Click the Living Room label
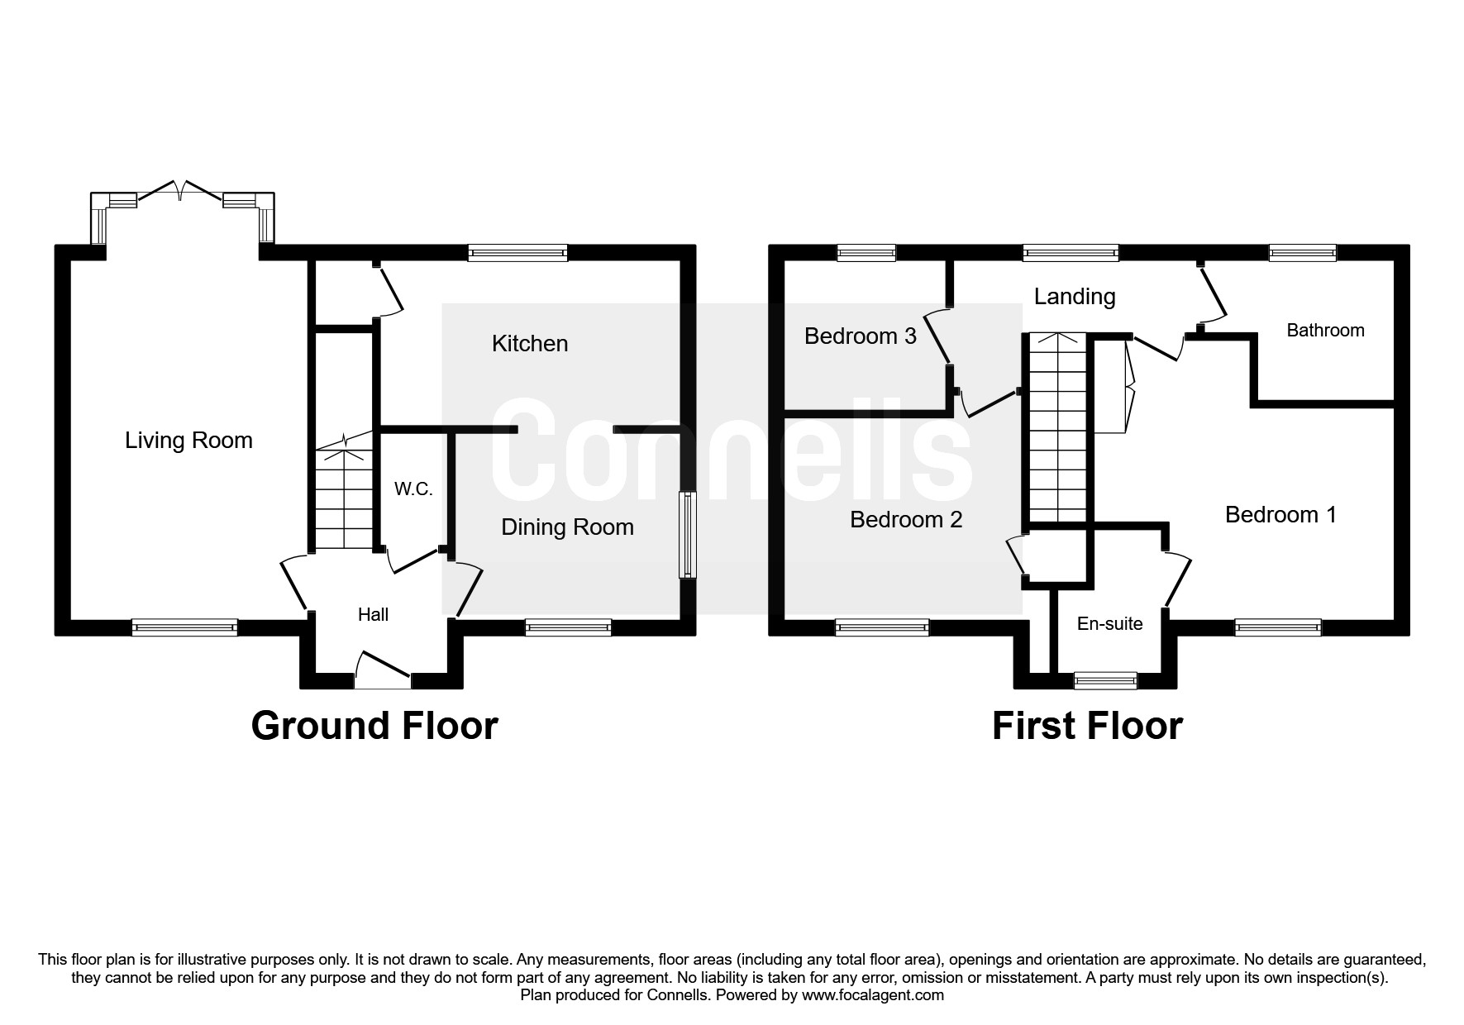click(x=188, y=441)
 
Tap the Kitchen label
click(x=530, y=344)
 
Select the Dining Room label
click(x=567, y=527)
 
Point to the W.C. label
click(x=413, y=489)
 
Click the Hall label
click(x=373, y=614)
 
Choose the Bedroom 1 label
click(x=1280, y=515)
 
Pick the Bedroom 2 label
click(x=906, y=520)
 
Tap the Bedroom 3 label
click(x=861, y=336)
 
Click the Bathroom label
click(x=1325, y=331)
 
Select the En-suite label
click(x=1110, y=624)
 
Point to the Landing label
click(x=1075, y=297)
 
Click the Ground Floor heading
click(x=374, y=726)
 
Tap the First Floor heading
click(x=1087, y=726)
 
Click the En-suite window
click(x=1105, y=680)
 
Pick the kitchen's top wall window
click(x=517, y=253)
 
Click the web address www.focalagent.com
click(x=873, y=995)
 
